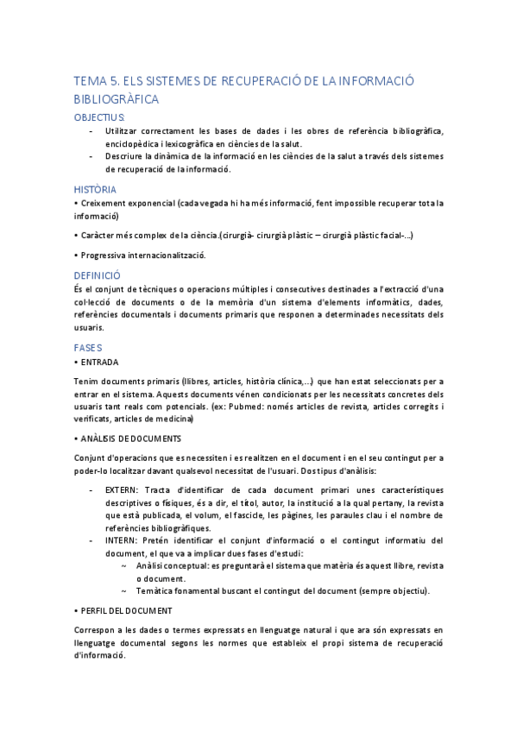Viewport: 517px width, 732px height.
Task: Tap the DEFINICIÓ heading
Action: tap(98, 274)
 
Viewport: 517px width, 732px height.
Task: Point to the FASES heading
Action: tap(89, 347)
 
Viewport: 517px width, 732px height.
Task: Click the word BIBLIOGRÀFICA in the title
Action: tap(117, 99)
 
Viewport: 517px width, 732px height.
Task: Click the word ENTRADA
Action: tap(100, 363)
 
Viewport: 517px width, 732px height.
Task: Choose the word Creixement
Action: tap(107, 204)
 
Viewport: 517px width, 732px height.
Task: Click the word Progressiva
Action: tap(107, 256)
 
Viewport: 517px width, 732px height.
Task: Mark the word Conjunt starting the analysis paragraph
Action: tap(91, 458)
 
